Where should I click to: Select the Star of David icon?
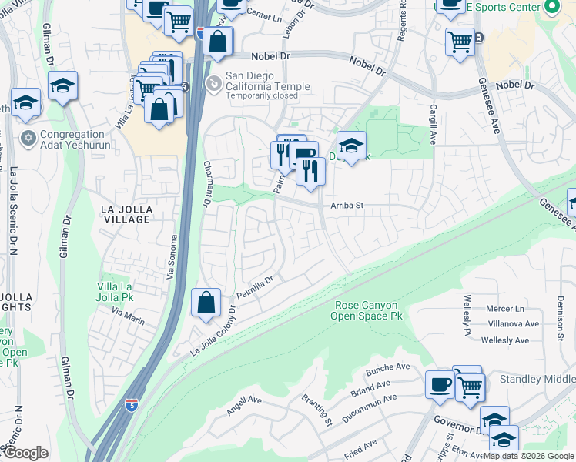click(x=28, y=139)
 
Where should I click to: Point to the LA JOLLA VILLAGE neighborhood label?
click(x=128, y=214)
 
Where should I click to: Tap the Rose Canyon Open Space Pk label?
click(x=367, y=310)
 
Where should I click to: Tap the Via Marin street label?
click(x=128, y=313)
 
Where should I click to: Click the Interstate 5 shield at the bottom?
click(x=132, y=403)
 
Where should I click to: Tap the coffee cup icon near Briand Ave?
click(x=440, y=384)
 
